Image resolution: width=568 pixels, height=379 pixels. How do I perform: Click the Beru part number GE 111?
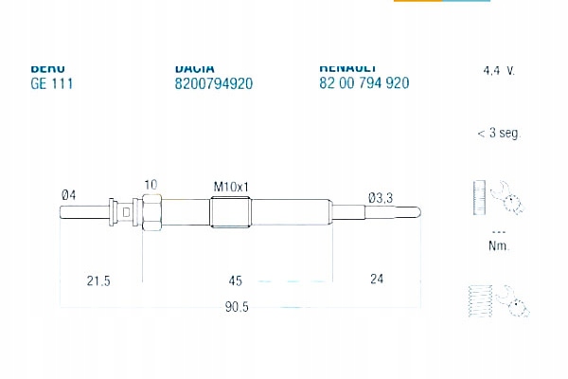pos(52,83)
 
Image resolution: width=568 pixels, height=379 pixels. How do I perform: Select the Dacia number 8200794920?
pos(214,83)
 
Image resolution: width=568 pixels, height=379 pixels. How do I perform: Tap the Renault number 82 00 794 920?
pos(364,83)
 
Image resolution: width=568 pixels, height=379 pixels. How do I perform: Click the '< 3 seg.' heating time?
pos(498,134)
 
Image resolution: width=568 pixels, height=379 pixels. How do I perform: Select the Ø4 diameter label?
pos(68,194)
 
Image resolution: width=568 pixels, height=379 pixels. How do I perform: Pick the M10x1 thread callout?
pos(230,187)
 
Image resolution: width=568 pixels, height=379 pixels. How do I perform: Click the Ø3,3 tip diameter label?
pos(381,197)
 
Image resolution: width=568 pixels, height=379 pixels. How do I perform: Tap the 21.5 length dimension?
pos(98,280)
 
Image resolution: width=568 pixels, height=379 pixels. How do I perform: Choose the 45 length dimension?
pos(236,280)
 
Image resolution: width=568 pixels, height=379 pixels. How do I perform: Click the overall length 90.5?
pos(237,308)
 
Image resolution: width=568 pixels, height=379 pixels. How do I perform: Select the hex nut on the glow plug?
pos(151,211)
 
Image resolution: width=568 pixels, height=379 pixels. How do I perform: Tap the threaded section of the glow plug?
pos(230,211)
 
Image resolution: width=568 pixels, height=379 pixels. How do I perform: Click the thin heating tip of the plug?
pos(379,211)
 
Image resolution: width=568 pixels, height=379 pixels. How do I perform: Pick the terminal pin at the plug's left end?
pos(83,211)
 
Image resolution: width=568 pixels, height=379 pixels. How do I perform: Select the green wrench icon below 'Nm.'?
pos(498,301)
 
